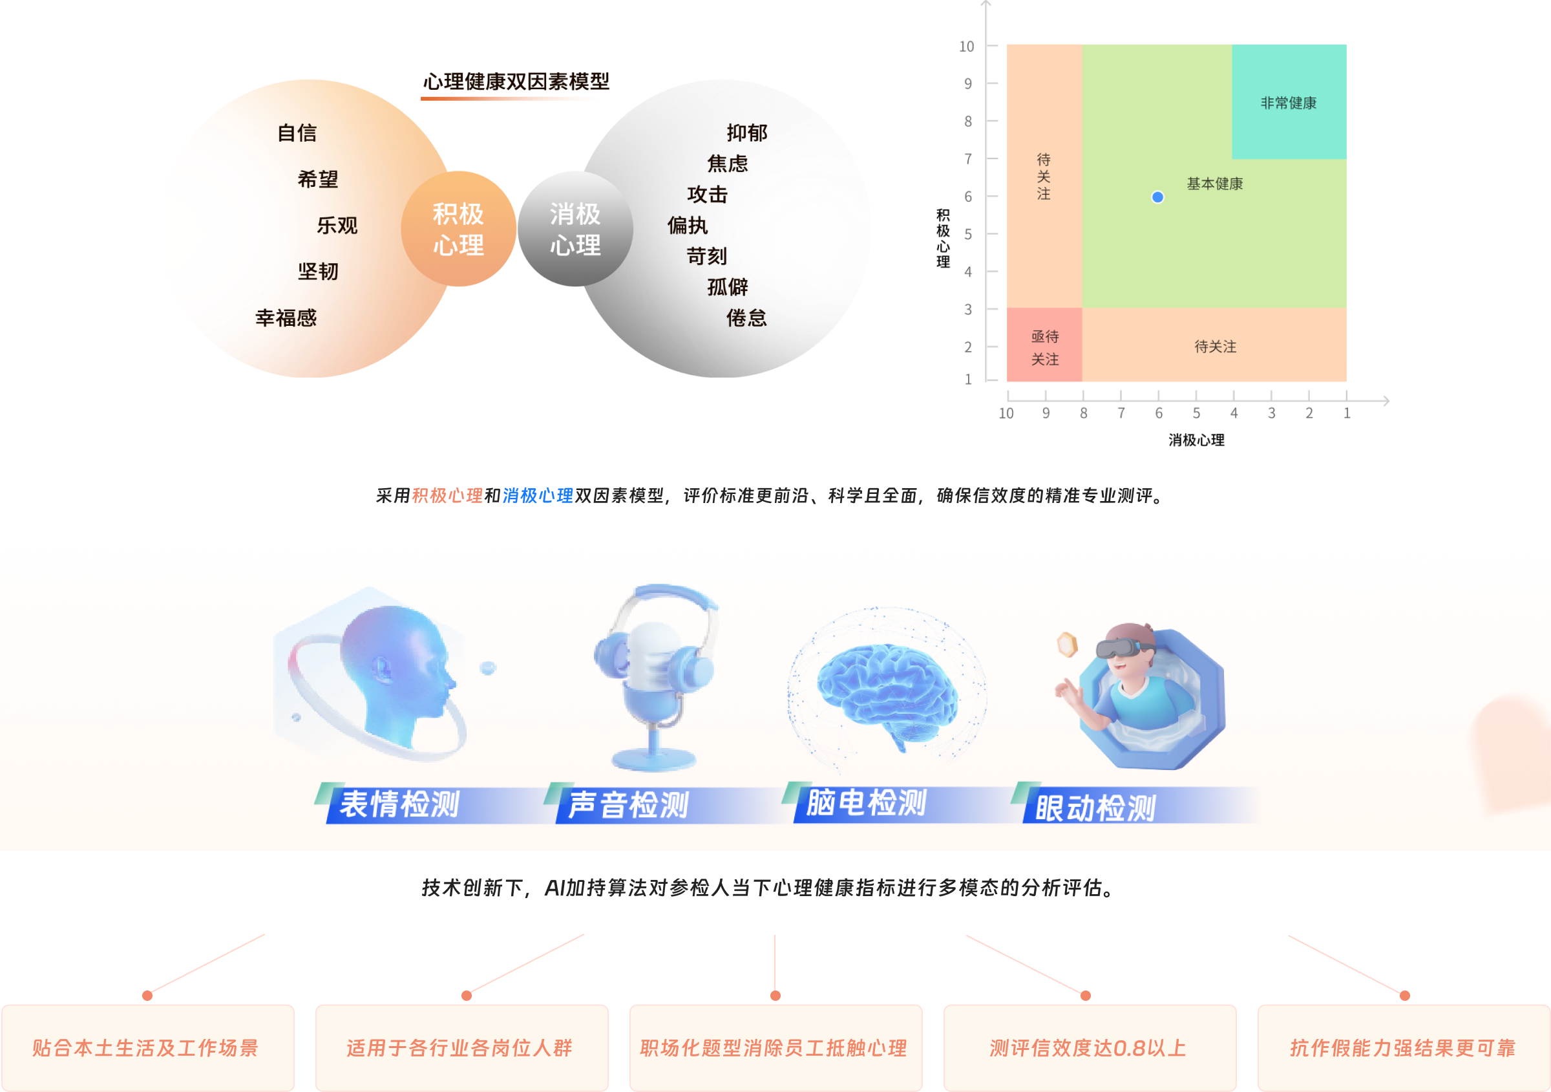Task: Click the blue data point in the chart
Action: click(x=1157, y=197)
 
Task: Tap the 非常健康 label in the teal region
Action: click(x=1288, y=103)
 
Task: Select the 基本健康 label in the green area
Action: click(x=1214, y=184)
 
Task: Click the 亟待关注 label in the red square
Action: click(x=1044, y=347)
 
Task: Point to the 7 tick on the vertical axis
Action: click(x=968, y=159)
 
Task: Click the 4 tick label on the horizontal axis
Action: click(x=1234, y=413)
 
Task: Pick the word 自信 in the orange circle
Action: click(x=297, y=133)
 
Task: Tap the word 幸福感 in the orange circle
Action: click(x=286, y=318)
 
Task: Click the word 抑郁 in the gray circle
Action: click(x=746, y=133)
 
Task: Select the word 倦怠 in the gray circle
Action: click(x=746, y=318)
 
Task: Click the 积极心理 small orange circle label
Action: click(x=459, y=230)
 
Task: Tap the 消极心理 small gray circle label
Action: click(x=575, y=230)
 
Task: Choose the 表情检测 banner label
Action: click(x=399, y=805)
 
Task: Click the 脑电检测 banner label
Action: click(x=866, y=804)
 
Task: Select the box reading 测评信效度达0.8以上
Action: click(x=1088, y=1048)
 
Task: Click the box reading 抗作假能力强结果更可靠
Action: click(x=1402, y=1048)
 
